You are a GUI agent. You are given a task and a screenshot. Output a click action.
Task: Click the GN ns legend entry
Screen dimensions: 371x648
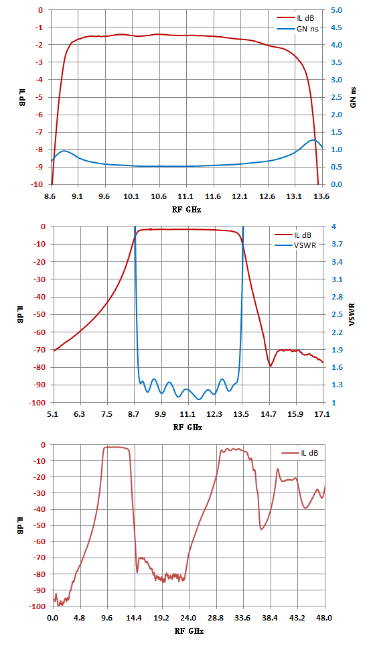297,29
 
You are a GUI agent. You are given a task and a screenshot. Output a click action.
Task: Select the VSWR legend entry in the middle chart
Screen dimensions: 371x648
295,245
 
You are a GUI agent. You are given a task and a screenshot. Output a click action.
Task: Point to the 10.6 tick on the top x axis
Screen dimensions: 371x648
159,196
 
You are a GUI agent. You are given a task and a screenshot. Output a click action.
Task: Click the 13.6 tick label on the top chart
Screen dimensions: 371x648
322,196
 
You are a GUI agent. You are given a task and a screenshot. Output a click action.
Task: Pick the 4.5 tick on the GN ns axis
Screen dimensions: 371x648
336,27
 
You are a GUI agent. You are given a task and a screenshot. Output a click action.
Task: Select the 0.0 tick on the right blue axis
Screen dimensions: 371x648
336,184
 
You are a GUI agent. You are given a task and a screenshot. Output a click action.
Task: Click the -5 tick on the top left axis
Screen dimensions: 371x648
40,97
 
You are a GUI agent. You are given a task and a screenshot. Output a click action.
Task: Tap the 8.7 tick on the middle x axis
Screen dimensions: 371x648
135,414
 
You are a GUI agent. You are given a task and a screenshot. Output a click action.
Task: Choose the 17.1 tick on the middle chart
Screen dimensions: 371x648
322,414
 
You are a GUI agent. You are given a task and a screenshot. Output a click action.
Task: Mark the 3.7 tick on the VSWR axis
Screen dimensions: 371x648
337,244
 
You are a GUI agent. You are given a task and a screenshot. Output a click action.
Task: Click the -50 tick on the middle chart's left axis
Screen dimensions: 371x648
38,314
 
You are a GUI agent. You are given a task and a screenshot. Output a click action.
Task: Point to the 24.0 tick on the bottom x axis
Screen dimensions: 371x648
189,619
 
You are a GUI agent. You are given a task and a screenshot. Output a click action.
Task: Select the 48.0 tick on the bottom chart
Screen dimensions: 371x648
325,619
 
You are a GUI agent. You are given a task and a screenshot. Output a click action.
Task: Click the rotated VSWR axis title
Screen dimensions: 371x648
352,315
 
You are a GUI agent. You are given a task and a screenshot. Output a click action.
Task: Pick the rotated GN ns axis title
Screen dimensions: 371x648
353,98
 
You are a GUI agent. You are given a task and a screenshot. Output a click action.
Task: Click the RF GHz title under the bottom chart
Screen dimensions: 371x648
189,631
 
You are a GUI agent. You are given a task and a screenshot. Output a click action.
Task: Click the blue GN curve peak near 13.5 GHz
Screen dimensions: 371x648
313,140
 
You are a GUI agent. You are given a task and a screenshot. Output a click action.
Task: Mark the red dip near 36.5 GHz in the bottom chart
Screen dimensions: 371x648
262,529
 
